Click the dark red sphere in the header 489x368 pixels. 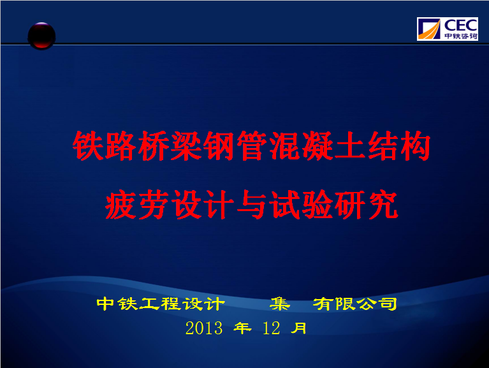41,36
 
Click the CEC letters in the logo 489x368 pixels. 460,26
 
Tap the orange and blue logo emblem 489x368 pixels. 430,29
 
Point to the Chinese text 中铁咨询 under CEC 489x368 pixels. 460,36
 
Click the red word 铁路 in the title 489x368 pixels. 105,145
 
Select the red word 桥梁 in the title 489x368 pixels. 170,145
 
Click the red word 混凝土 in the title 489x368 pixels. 317,145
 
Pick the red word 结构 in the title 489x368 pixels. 399,145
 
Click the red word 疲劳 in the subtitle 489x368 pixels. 137,205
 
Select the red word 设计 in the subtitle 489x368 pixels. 203,205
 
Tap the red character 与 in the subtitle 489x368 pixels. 251,205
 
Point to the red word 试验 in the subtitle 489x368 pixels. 300,205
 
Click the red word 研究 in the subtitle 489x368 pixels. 366,205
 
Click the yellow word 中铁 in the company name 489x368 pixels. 117,304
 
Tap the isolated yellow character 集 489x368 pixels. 280,304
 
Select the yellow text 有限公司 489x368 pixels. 354,304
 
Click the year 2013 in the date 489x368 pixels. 204,328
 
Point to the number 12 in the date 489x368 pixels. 272,328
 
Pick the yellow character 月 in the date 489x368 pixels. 298,328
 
